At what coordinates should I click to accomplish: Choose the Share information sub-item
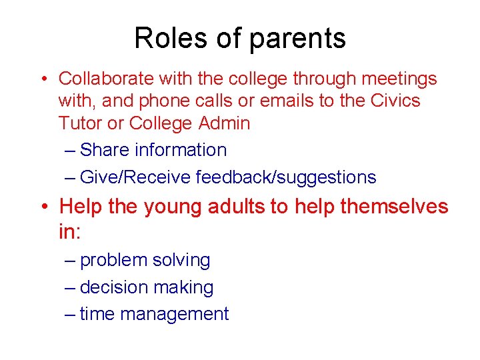point(153,150)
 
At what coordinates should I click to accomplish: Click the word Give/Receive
point(135,177)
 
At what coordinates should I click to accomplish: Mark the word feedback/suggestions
point(286,177)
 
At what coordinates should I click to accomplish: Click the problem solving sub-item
point(145,261)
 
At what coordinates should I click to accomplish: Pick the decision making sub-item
point(147,288)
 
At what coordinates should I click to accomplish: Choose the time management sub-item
point(154,314)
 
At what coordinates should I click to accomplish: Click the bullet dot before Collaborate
point(42,79)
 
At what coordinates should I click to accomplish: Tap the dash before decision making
point(71,288)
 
